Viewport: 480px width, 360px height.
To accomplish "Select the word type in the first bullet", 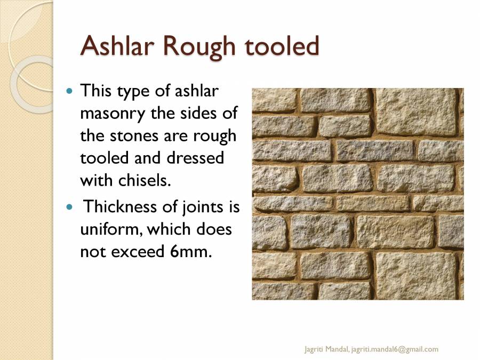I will point(135,91).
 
